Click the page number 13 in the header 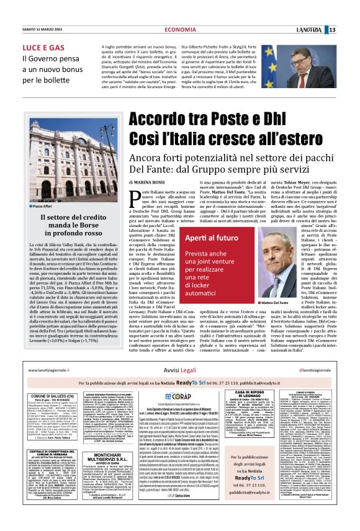pos(349,14)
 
